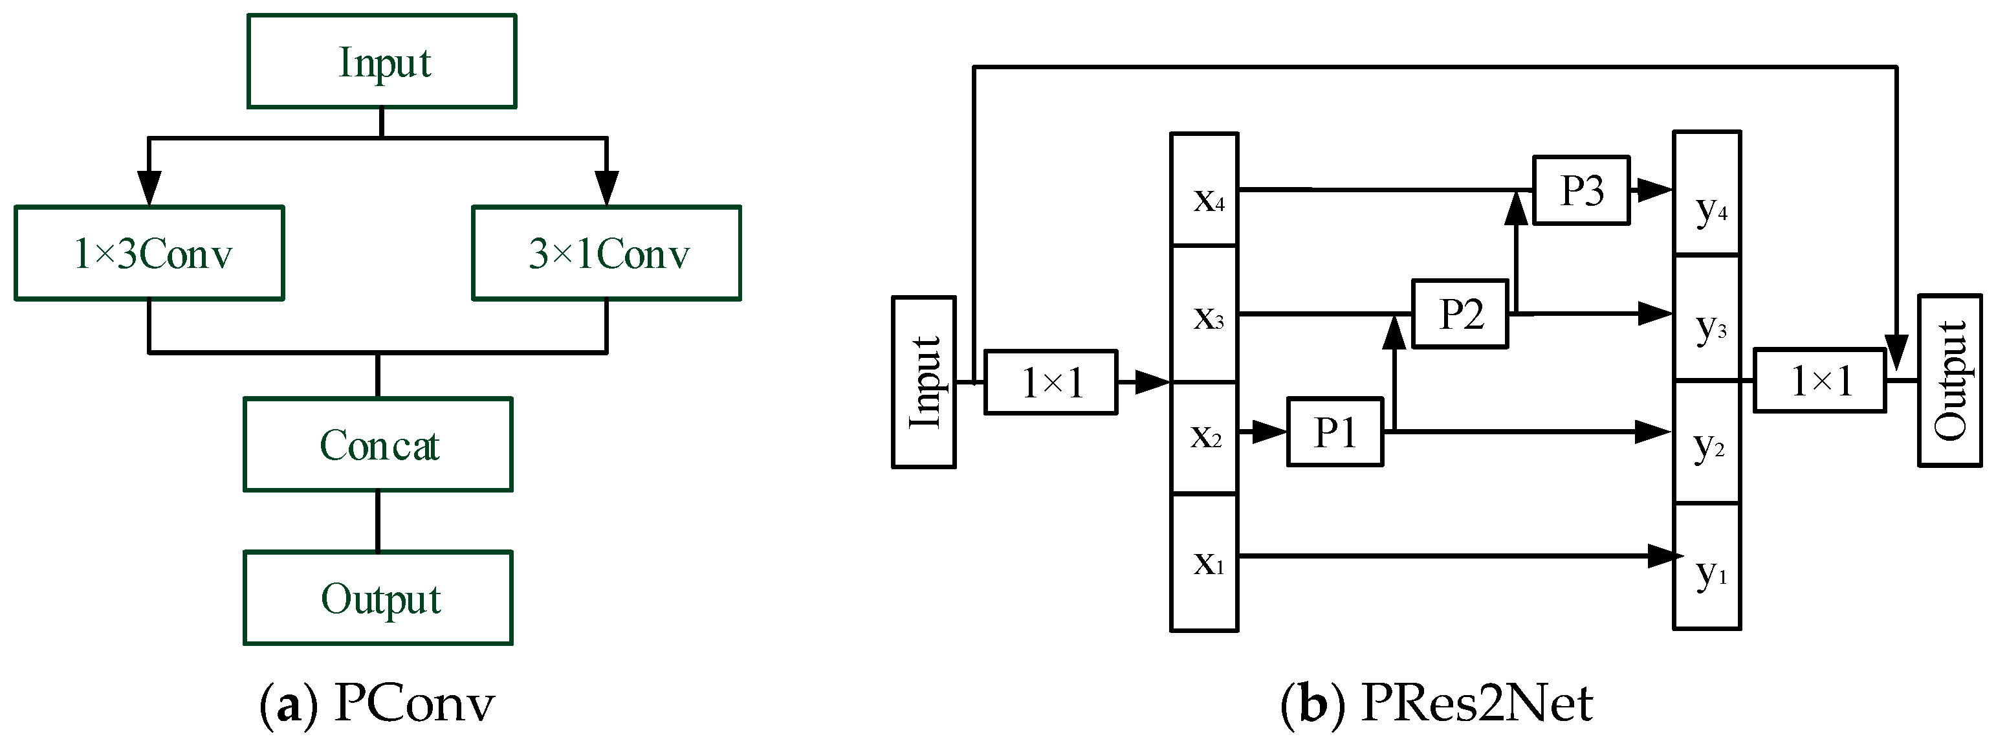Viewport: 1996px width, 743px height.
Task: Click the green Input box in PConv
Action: (381, 61)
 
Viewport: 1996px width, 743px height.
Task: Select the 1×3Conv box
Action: (149, 252)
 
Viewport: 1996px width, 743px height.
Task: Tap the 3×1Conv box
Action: (607, 252)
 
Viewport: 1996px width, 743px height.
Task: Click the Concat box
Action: (378, 445)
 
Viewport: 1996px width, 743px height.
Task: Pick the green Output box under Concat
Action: (378, 597)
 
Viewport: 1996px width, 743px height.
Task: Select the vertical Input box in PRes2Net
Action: (924, 382)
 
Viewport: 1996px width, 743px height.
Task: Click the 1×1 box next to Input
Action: (1051, 383)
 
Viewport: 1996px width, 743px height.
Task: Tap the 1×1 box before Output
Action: (1819, 381)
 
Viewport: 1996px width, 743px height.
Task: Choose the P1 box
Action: (1335, 432)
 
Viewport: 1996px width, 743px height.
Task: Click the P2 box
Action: (1460, 314)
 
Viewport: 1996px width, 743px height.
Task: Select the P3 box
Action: (1581, 190)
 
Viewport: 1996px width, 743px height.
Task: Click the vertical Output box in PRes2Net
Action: (1949, 381)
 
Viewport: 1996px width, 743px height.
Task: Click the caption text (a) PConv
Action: (377, 704)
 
